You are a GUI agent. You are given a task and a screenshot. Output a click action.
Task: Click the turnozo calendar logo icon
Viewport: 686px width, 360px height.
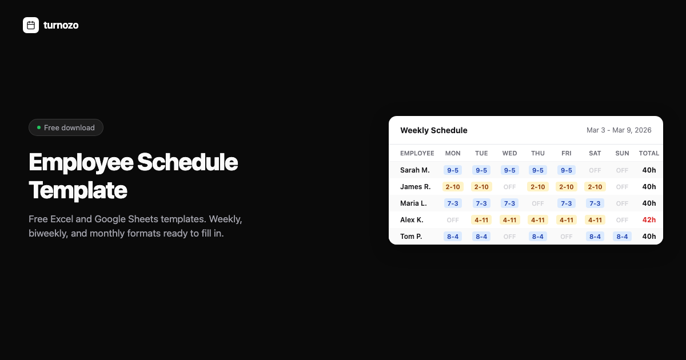31,25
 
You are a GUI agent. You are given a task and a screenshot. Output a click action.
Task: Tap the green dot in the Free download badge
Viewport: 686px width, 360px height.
39,127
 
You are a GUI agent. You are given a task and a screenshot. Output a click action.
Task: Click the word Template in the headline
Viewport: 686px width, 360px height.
78,190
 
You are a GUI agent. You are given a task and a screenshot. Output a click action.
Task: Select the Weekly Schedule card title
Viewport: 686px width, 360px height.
433,130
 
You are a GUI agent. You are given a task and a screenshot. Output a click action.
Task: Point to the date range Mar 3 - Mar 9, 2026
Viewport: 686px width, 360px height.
619,130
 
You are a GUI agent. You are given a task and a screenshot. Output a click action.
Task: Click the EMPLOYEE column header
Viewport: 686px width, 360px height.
417,153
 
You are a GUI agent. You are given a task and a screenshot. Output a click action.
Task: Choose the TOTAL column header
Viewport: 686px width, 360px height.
649,153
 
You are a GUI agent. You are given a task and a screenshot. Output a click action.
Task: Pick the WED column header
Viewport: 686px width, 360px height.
509,153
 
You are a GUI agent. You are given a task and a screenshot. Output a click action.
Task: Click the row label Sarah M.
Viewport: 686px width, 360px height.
414,170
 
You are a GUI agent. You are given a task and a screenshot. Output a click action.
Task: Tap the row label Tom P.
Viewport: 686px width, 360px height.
411,237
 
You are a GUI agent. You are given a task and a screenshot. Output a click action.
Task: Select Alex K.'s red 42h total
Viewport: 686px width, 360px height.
649,220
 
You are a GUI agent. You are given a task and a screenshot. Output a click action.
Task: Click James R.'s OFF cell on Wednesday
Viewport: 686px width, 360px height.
509,187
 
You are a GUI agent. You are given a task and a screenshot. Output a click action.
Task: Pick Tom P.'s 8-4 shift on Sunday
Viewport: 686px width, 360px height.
622,237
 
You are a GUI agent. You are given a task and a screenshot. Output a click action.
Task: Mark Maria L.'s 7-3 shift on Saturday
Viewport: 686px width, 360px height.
595,203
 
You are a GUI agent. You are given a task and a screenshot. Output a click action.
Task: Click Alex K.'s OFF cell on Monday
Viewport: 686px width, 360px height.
453,220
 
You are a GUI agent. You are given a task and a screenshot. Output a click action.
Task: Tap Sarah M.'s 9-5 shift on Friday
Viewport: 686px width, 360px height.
567,170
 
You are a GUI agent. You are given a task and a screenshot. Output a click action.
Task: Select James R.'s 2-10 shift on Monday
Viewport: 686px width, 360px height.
453,187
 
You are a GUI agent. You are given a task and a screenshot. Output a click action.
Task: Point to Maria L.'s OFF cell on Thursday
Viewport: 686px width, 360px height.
538,203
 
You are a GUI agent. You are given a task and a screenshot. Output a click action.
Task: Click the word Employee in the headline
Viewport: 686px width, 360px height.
79,163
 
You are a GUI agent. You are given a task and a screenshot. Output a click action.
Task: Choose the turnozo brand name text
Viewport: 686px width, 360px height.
61,25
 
